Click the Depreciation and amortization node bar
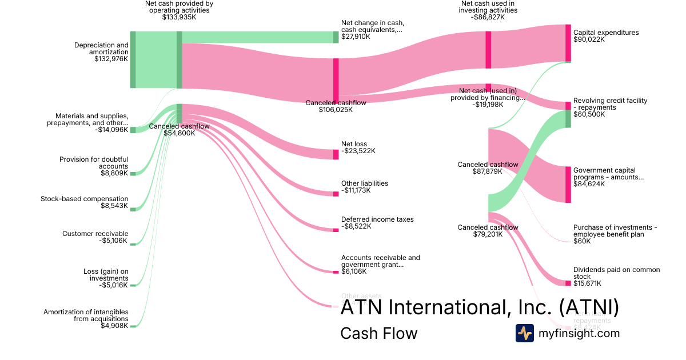pyautogui.click(x=133, y=60)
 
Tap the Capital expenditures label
pyautogui.click(x=606, y=33)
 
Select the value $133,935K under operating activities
pyautogui.click(x=179, y=17)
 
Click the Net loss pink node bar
pyautogui.click(x=336, y=154)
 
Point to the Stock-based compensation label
pyautogui.click(x=85, y=199)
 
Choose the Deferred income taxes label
pyautogui.click(x=377, y=219)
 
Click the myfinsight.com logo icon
pyautogui.click(x=524, y=333)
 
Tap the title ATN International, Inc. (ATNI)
pyautogui.click(x=480, y=308)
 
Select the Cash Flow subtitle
pyautogui.click(x=378, y=333)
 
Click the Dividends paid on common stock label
pyautogui.click(x=616, y=273)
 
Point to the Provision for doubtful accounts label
pyautogui.click(x=94, y=163)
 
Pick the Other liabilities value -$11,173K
pyautogui.click(x=356, y=190)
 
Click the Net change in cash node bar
pyautogui.click(x=336, y=37)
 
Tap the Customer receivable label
pyautogui.click(x=95, y=234)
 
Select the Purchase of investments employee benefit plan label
pyautogui.click(x=615, y=231)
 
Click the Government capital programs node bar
pyautogui.click(x=568, y=185)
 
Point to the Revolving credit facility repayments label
pyautogui.click(x=610, y=104)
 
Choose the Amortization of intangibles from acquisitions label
pyautogui.click(x=86, y=315)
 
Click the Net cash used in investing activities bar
pyautogui.click(x=488, y=50)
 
